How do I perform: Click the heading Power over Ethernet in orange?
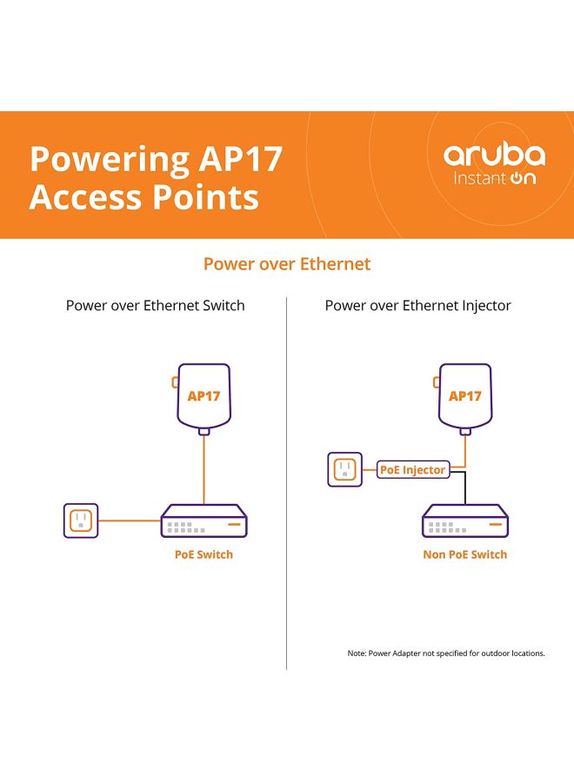coord(287,263)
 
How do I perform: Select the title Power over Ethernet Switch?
coord(156,306)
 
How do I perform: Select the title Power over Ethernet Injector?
coord(418,306)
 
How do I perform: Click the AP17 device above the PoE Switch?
coord(204,396)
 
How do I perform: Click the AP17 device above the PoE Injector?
coord(464,396)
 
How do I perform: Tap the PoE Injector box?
coord(413,470)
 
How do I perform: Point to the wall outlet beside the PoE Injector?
coord(344,470)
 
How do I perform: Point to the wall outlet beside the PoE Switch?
coord(81,521)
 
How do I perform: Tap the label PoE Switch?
coord(204,554)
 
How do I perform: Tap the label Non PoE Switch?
coord(465,554)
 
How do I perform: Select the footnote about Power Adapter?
coord(446,653)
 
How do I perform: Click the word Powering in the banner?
coord(109,160)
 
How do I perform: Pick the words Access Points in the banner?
coord(144,197)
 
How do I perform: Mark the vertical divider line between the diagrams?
coord(287,487)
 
